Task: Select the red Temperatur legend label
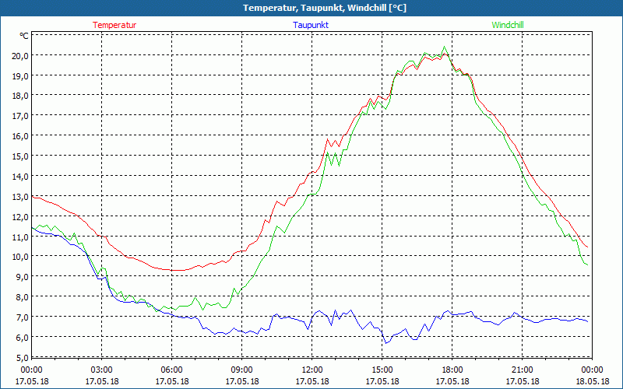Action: [114, 25]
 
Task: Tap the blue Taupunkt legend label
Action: [311, 25]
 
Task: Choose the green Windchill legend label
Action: [508, 25]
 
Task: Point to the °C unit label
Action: [24, 36]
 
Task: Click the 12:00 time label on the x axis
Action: [311, 370]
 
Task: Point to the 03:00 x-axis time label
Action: [101, 370]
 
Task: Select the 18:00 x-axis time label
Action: [452, 370]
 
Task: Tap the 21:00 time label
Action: [522, 370]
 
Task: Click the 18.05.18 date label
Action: [592, 381]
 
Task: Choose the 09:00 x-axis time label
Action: [241, 370]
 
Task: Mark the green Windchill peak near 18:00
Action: [445, 47]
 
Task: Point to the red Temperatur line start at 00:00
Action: [33, 197]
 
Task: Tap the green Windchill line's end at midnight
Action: [587, 265]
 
